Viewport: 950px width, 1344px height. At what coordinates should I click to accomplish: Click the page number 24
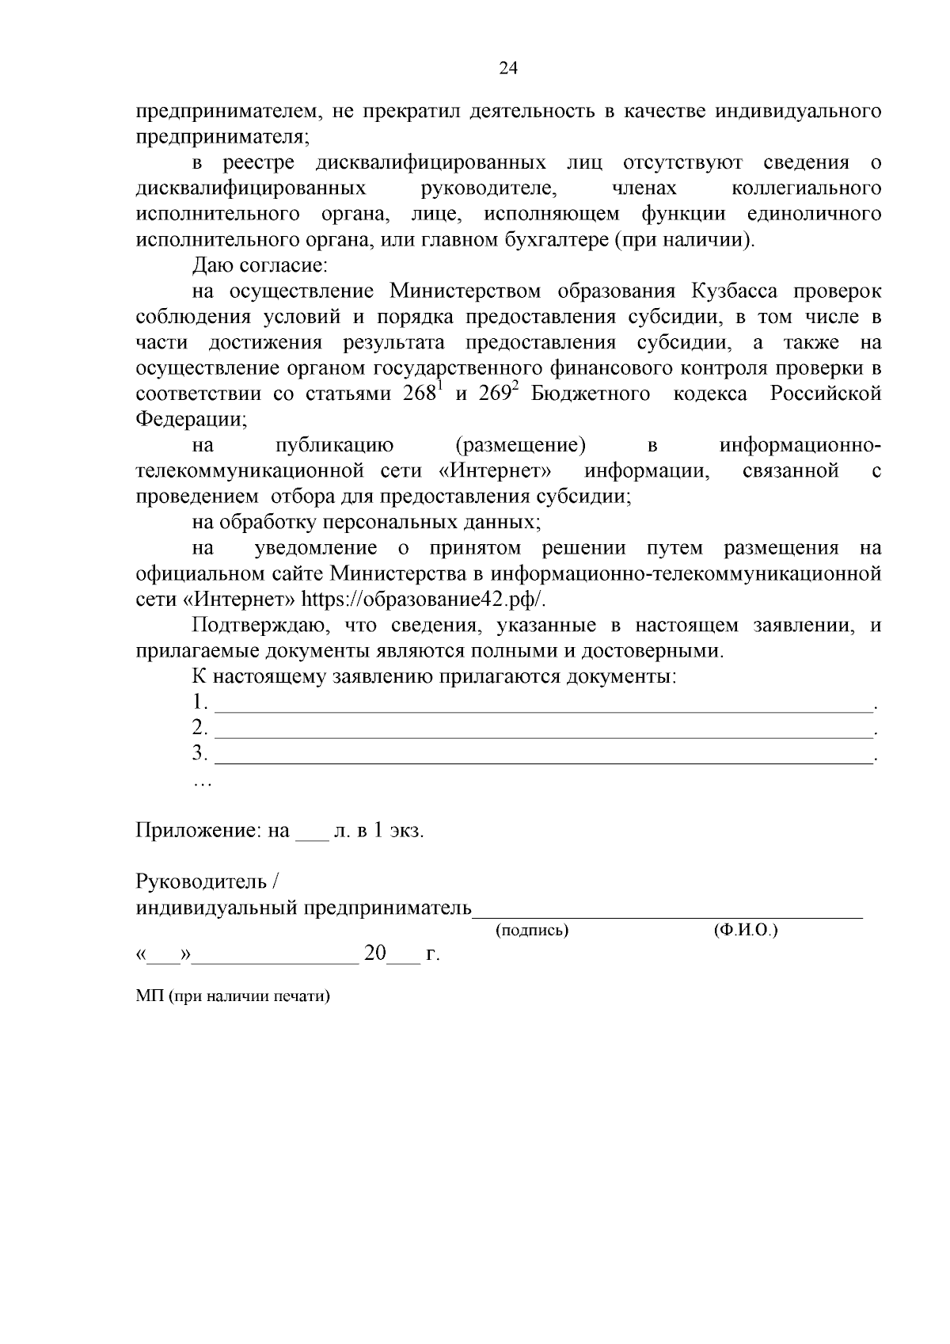pyautogui.click(x=507, y=69)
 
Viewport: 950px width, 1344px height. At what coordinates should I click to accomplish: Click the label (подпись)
pyautogui.click(x=532, y=931)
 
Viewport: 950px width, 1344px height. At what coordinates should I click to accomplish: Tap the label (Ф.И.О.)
pyautogui.click(x=745, y=931)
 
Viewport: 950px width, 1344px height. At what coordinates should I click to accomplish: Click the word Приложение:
pyautogui.click(x=199, y=831)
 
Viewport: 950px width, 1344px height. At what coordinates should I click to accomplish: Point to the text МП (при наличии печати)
pyautogui.click(x=232, y=996)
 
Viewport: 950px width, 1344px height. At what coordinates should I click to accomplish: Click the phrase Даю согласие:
pyautogui.click(x=254, y=265)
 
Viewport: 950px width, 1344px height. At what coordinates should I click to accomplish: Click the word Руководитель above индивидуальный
pyautogui.click(x=202, y=881)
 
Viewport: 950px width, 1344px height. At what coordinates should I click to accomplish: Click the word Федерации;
pyautogui.click(x=191, y=419)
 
